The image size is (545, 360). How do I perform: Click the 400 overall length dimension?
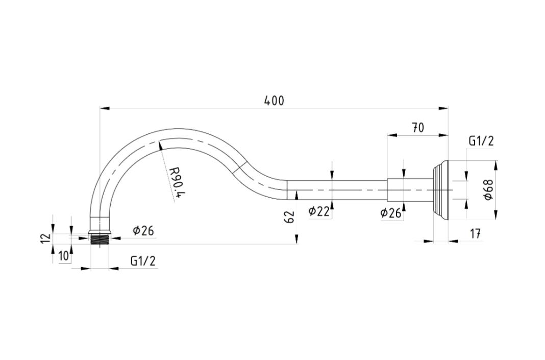pos(274,101)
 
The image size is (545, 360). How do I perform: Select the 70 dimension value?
pos(418,128)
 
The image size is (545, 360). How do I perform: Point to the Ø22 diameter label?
pos(319,211)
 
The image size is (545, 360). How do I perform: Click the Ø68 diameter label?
pos(489,189)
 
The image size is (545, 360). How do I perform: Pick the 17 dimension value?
pos(475,234)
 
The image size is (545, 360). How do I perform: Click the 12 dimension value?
pos(46,238)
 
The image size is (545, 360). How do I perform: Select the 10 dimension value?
pos(64,256)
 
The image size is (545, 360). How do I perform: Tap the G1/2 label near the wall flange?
pos(481,141)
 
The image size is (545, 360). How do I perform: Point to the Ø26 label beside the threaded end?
pos(143,230)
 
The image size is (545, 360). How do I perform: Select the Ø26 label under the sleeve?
pos(391,213)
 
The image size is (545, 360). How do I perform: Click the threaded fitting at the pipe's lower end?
pos(100,239)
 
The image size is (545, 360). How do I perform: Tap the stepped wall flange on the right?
pos(440,190)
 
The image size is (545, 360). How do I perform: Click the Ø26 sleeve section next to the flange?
pos(410,190)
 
